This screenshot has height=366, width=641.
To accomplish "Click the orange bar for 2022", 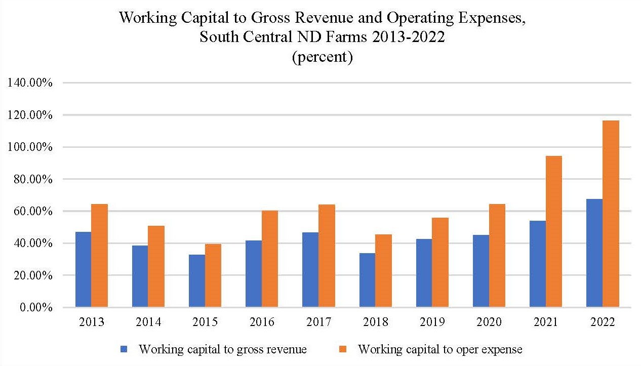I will click(611, 214).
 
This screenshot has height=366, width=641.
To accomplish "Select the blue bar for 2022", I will click(594, 253).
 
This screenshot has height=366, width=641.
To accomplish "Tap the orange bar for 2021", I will click(554, 231).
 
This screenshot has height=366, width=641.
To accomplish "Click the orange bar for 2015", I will click(213, 275).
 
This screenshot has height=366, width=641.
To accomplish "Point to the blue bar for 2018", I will click(367, 280).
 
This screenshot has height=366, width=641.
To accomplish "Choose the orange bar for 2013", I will click(100, 256).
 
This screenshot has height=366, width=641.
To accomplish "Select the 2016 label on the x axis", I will click(262, 322).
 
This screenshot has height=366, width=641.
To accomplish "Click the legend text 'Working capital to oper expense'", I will click(439, 349).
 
